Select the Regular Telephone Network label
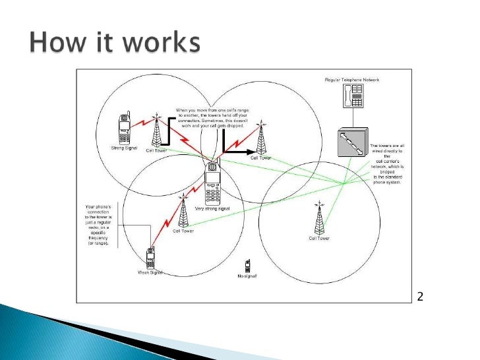(x=352, y=80)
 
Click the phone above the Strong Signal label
(x=123, y=128)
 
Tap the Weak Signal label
(x=150, y=273)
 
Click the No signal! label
(x=247, y=276)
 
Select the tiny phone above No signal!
(x=248, y=265)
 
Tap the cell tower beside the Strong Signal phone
(x=156, y=130)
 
